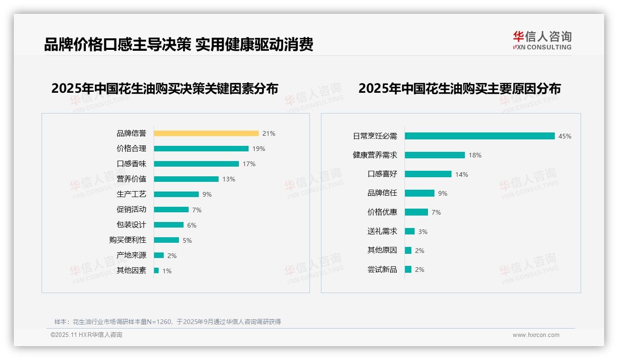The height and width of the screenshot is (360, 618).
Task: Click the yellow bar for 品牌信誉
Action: pyautogui.click(x=206, y=133)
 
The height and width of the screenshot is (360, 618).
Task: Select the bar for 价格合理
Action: pyautogui.click(x=201, y=149)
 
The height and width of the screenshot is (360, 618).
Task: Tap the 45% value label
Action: pyautogui.click(x=565, y=136)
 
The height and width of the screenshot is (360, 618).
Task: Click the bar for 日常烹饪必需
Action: pyautogui.click(x=480, y=136)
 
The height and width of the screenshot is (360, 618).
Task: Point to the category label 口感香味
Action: pyautogui.click(x=131, y=164)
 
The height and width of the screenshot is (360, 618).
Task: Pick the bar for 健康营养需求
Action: pyautogui.click(x=435, y=155)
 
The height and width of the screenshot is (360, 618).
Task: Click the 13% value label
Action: pyautogui.click(x=229, y=179)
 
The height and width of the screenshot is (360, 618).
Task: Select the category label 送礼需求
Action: pyautogui.click(x=382, y=231)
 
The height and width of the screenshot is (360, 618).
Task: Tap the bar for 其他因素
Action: pyautogui.click(x=156, y=270)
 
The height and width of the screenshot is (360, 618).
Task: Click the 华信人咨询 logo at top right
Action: pyautogui.click(x=542, y=41)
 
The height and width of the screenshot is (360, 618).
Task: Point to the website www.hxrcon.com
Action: pyautogui.click(x=536, y=335)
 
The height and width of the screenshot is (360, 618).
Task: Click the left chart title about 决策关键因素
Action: pyautogui.click(x=165, y=89)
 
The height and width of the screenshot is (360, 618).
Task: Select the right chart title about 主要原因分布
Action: pyautogui.click(x=459, y=89)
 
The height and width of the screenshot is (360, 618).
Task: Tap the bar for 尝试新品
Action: pyautogui.click(x=408, y=270)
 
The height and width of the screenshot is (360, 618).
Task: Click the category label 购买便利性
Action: pyautogui.click(x=128, y=240)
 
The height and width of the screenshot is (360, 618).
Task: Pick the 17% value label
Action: pyautogui.click(x=249, y=164)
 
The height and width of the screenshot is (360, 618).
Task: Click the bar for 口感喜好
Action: pyautogui.click(x=428, y=174)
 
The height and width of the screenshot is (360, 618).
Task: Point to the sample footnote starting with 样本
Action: pyautogui.click(x=167, y=322)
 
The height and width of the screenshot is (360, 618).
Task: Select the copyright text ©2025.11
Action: pyautogui.click(x=86, y=335)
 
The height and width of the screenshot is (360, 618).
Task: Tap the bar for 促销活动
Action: pyautogui.click(x=171, y=210)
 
